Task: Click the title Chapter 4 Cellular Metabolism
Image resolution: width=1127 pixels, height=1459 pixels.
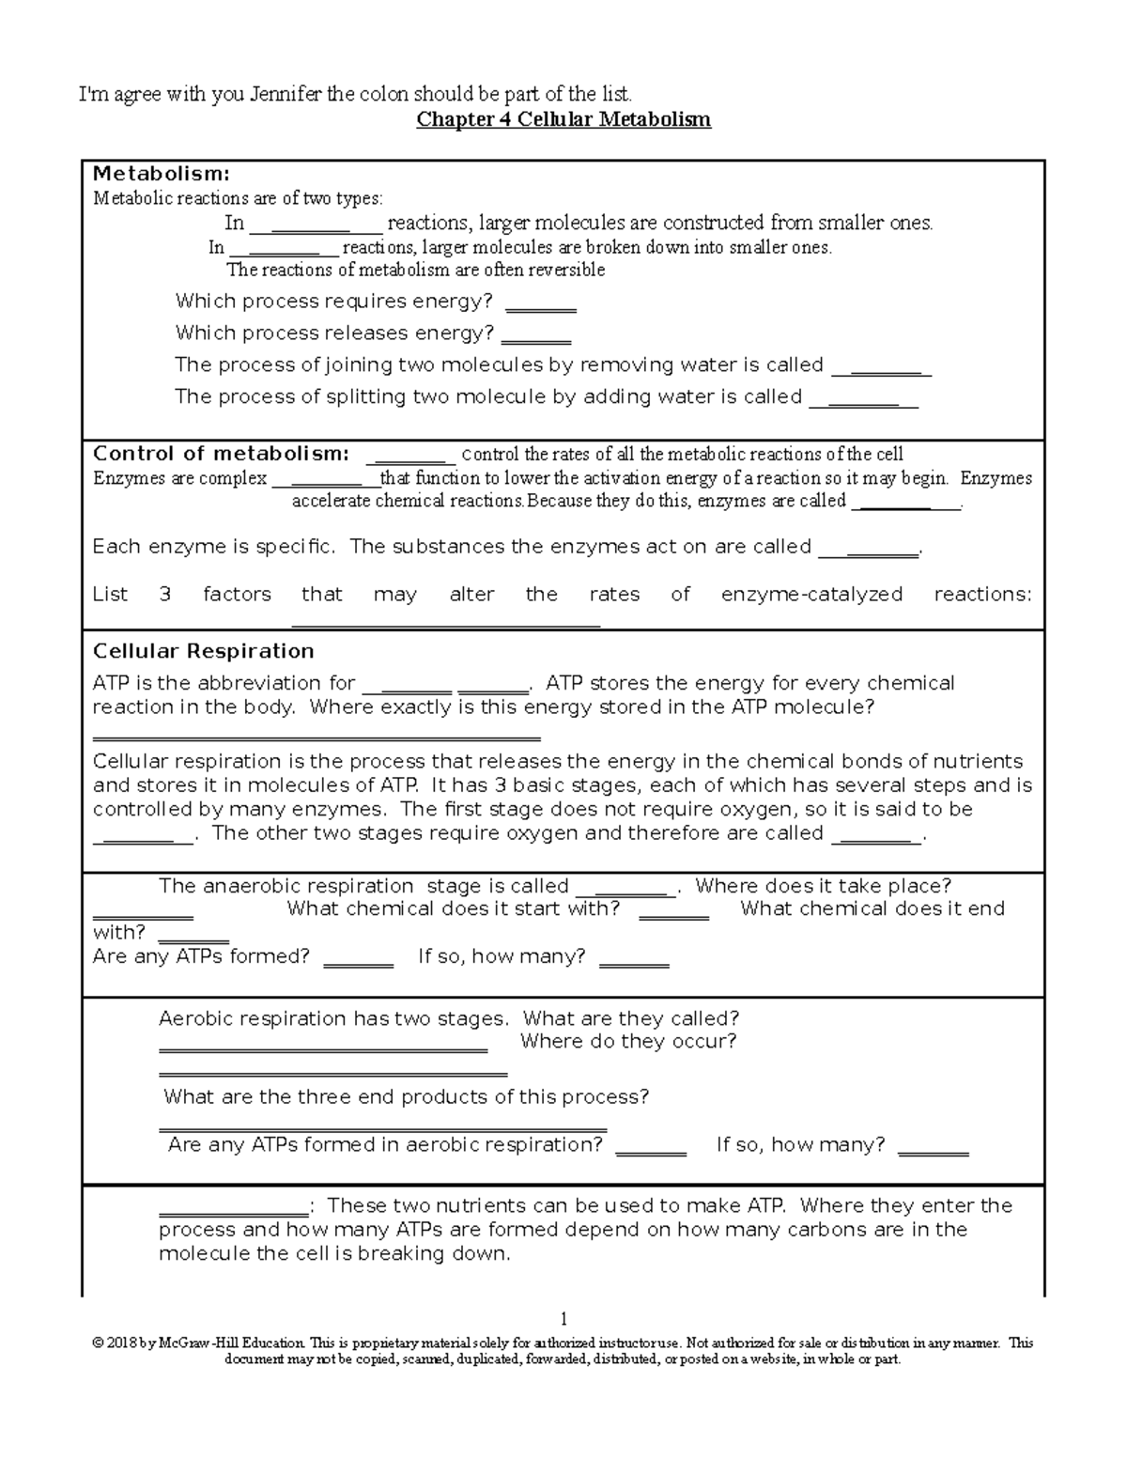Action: (563, 120)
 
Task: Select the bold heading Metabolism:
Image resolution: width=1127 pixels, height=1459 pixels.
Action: (161, 174)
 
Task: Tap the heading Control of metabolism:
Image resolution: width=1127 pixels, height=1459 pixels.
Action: (221, 454)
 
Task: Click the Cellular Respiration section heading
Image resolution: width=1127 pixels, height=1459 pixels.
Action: (203, 651)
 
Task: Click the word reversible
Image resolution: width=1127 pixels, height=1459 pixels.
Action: (569, 271)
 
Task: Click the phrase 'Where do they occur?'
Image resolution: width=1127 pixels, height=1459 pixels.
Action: (628, 1041)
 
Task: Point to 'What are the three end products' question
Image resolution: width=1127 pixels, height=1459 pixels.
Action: (406, 1097)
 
